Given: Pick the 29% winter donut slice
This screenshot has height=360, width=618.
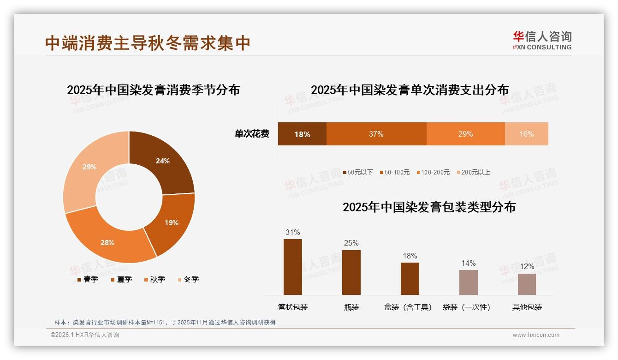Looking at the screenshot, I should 90,168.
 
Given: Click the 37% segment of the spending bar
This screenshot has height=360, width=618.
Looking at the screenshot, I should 376,134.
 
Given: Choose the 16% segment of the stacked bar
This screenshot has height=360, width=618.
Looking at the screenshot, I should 526,134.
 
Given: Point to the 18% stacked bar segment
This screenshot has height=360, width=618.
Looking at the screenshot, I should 302,134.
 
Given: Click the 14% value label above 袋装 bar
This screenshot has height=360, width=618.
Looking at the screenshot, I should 468,263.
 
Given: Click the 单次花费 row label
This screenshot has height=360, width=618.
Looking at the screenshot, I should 252,134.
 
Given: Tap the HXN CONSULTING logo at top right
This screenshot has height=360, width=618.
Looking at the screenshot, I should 542,41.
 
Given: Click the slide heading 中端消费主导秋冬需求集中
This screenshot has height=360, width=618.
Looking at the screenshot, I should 148,42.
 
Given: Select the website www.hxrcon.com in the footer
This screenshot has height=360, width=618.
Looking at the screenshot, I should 536,335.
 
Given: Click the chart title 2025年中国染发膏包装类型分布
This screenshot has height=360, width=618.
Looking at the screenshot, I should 429,207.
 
